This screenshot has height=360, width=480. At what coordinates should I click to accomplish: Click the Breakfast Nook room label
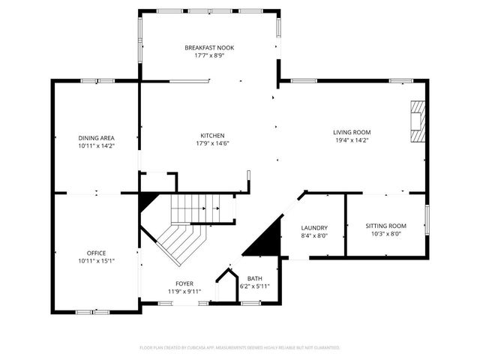click(210, 47)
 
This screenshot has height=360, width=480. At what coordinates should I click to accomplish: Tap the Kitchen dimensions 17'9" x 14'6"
click(211, 143)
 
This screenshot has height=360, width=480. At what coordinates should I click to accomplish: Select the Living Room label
click(352, 132)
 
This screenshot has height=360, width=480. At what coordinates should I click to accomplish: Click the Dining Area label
click(96, 138)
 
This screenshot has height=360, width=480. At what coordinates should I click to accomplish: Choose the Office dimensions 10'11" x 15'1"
click(96, 261)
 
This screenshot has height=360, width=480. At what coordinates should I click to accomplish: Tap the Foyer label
click(184, 283)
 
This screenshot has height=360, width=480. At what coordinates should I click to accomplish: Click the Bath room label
click(254, 278)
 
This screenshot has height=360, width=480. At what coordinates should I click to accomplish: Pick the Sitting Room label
click(385, 226)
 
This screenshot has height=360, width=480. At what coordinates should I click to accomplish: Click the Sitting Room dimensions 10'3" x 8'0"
click(385, 234)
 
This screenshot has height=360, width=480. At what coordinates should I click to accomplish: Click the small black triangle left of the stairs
click(147, 201)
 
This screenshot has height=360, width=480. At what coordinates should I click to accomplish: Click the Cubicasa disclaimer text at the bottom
click(240, 348)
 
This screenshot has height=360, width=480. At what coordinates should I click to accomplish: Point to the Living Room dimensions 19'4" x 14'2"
click(352, 140)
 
